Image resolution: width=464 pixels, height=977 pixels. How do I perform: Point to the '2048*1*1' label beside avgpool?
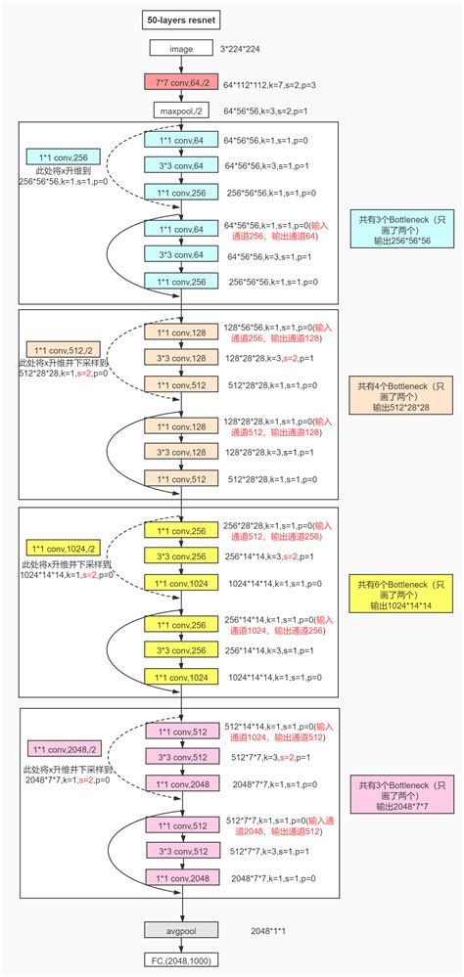point(270,929)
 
